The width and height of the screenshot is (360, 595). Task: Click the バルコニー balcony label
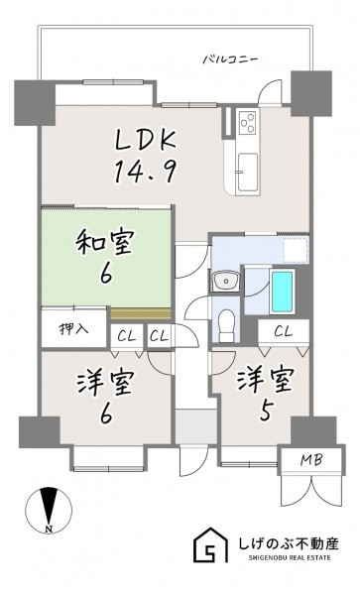pyautogui.click(x=230, y=59)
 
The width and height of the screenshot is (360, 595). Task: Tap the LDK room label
pyautogui.click(x=146, y=140)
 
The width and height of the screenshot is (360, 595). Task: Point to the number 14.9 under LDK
pyautogui.click(x=144, y=172)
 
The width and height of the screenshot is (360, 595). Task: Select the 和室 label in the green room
pyautogui.click(x=104, y=243)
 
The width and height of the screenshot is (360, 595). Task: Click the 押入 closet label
pyautogui.click(x=74, y=328)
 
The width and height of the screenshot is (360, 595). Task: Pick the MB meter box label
pyautogui.click(x=311, y=460)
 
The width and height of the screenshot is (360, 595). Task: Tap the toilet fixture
pyautogui.click(x=227, y=325)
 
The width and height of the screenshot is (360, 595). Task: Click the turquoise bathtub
pyautogui.click(x=283, y=292)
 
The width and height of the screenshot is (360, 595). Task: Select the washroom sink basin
pyautogui.click(x=226, y=282)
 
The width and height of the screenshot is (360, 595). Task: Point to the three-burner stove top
pyautogui.click(x=247, y=123)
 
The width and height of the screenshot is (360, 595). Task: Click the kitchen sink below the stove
pyautogui.click(x=247, y=172)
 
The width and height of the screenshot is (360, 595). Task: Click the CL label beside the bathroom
pyautogui.click(x=283, y=332)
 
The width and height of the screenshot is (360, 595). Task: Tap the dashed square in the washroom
pyautogui.click(x=297, y=251)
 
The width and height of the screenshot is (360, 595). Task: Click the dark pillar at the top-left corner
pyautogui.click(x=35, y=103)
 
